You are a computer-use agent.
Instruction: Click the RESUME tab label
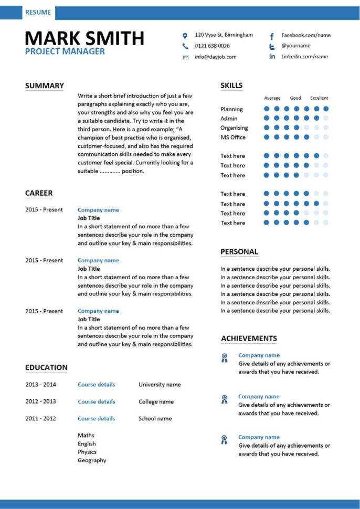tap(38, 13)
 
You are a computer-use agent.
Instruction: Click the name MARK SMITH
tap(84, 38)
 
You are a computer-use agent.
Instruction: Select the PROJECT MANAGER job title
tap(65, 51)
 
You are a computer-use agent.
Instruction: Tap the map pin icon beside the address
tap(185, 36)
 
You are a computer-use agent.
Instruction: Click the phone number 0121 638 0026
tap(212, 46)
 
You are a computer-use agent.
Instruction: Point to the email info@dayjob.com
tap(216, 57)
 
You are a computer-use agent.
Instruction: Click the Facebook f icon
tap(272, 36)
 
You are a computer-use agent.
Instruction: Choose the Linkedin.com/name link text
tap(304, 57)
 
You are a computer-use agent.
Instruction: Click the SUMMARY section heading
tap(45, 86)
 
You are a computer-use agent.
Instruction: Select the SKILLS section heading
tap(231, 86)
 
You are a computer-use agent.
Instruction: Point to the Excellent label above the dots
tap(319, 98)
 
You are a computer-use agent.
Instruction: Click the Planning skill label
tap(231, 109)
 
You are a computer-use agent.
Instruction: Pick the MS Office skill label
tap(233, 137)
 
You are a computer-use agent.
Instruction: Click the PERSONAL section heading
tap(239, 252)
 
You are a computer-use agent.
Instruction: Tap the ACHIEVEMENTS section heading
tap(249, 338)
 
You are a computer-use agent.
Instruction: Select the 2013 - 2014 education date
tap(40, 385)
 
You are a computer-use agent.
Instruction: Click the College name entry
tap(156, 402)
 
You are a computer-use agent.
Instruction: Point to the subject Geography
tap(92, 461)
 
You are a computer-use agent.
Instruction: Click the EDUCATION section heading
tap(46, 368)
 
